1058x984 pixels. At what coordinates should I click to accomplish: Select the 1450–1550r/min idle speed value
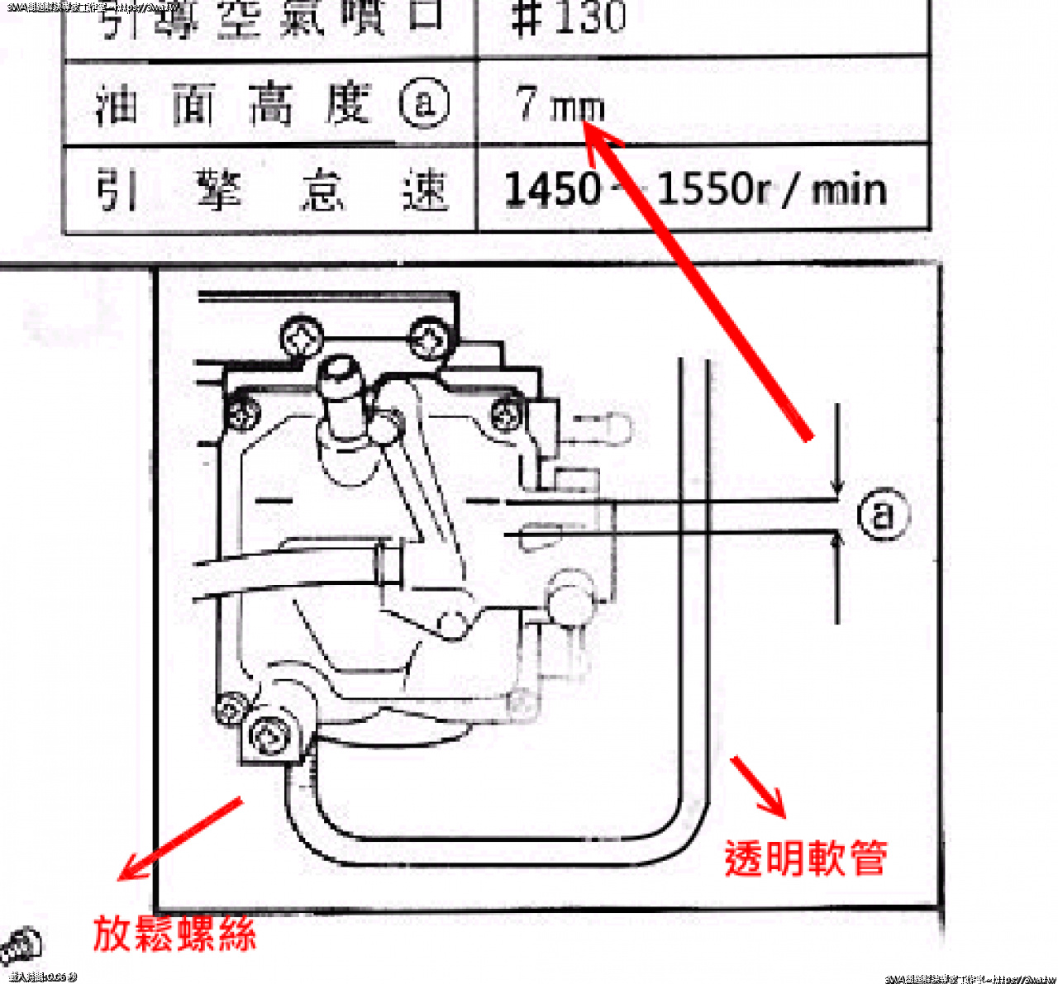(x=694, y=189)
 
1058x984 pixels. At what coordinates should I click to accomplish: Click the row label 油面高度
(x=232, y=105)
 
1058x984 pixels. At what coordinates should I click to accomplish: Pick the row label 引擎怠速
(x=272, y=190)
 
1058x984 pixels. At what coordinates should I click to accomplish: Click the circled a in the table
(x=424, y=104)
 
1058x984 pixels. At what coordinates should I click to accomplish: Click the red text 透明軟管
(x=806, y=858)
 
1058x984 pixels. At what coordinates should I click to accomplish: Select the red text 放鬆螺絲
(x=174, y=934)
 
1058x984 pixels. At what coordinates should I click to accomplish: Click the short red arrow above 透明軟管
(x=757, y=786)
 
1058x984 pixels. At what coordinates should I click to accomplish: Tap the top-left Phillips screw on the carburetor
(x=302, y=338)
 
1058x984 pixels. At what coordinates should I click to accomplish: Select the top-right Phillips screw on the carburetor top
(x=431, y=339)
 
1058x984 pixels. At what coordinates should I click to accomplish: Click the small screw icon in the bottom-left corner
(x=20, y=947)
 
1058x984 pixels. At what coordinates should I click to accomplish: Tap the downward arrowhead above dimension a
(x=838, y=487)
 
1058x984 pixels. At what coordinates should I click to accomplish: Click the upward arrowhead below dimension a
(x=838, y=541)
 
